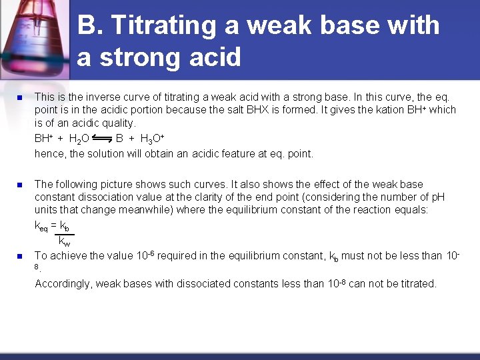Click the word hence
[49, 153]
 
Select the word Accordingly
[63, 284]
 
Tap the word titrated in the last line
[416, 284]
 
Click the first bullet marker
[19, 97]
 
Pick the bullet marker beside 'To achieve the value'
[19, 256]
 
